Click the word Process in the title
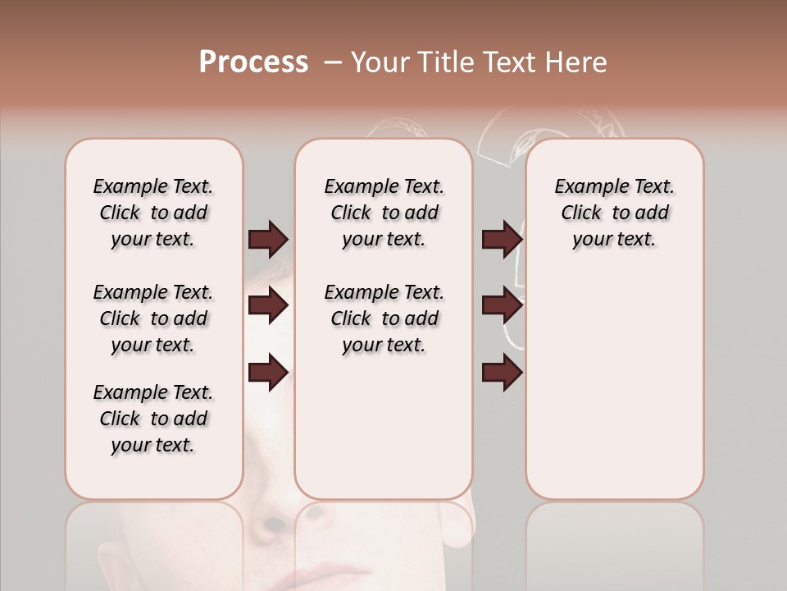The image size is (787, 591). pos(253,62)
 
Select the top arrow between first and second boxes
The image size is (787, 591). pos(268,239)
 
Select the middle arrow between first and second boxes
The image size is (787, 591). pos(268,306)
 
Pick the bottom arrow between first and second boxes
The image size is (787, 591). pos(268,373)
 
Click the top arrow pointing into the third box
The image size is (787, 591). pos(502,239)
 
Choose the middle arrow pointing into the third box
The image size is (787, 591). pos(502,306)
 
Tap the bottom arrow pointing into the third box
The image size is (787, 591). pos(502,373)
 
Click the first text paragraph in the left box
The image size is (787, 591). pos(153,213)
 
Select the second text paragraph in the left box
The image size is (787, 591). pos(153,318)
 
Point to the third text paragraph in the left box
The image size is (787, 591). pos(153,419)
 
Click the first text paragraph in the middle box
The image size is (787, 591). pos(384,213)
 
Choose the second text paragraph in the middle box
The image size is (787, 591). pos(384,318)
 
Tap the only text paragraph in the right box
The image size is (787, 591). pos(615,213)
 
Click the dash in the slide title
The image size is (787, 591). pos(333,62)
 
